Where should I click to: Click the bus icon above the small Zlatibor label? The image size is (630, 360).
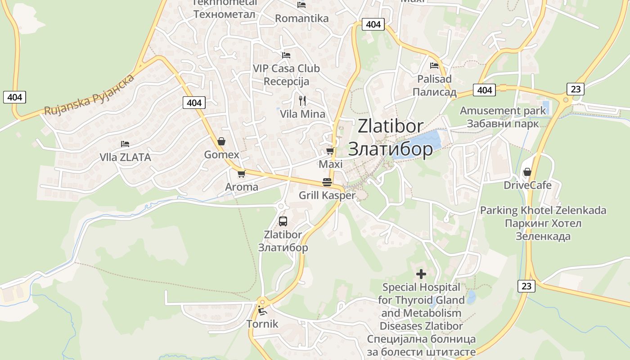(x=283, y=221)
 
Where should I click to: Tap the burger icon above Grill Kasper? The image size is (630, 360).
(x=327, y=182)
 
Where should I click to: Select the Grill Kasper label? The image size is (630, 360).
(x=327, y=195)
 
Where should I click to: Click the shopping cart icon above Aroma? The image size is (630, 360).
(x=241, y=174)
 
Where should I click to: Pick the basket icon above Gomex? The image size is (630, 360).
(x=221, y=141)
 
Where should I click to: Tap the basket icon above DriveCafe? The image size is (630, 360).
(x=527, y=172)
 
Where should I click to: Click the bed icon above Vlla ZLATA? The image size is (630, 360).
(x=125, y=144)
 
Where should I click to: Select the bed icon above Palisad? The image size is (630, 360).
(x=434, y=66)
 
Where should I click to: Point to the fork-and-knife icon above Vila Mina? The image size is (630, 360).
(x=302, y=100)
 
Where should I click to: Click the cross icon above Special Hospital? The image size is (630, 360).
(x=421, y=274)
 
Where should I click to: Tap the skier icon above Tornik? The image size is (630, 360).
(x=262, y=310)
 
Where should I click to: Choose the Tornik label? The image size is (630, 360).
(x=262, y=324)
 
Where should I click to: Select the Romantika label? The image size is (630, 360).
(x=301, y=18)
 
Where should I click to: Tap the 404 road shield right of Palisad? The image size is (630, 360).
(x=484, y=90)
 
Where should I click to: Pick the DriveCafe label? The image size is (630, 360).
(x=527, y=185)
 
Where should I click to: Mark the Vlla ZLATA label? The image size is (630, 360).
(x=125, y=157)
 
